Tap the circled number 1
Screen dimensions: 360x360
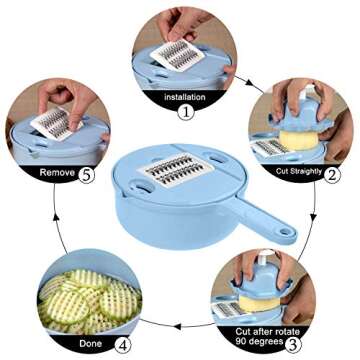coord(186,113)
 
